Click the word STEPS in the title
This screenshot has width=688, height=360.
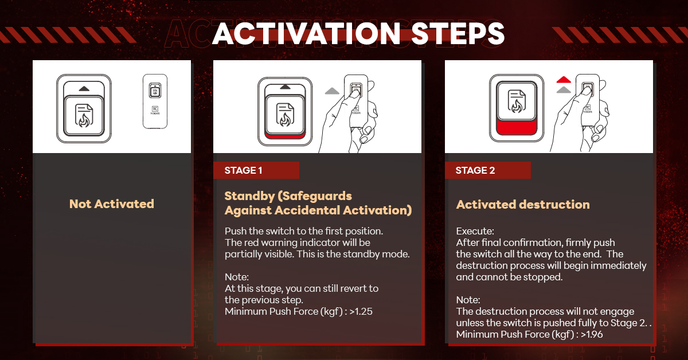(x=458, y=34)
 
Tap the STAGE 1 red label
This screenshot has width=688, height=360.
(x=256, y=170)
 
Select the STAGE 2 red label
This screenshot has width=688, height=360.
(x=488, y=170)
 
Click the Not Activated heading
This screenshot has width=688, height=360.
(x=112, y=204)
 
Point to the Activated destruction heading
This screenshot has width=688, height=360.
(x=523, y=205)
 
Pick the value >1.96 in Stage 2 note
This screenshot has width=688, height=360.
(x=592, y=334)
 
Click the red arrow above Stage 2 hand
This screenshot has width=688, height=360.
(x=564, y=80)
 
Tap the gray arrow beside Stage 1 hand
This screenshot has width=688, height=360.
(x=332, y=91)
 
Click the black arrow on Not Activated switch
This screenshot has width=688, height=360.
(x=84, y=89)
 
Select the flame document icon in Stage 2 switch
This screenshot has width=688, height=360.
(x=517, y=101)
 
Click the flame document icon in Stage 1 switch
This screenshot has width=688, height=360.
(x=285, y=115)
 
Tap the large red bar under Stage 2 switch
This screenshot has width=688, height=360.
(x=517, y=127)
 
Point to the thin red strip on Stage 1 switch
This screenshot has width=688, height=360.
(x=285, y=136)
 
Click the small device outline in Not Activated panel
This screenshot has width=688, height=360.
(x=155, y=101)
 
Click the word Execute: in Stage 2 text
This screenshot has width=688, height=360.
(x=475, y=231)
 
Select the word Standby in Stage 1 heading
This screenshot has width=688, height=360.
(x=249, y=196)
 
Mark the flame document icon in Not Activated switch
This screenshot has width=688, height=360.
(x=84, y=115)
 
